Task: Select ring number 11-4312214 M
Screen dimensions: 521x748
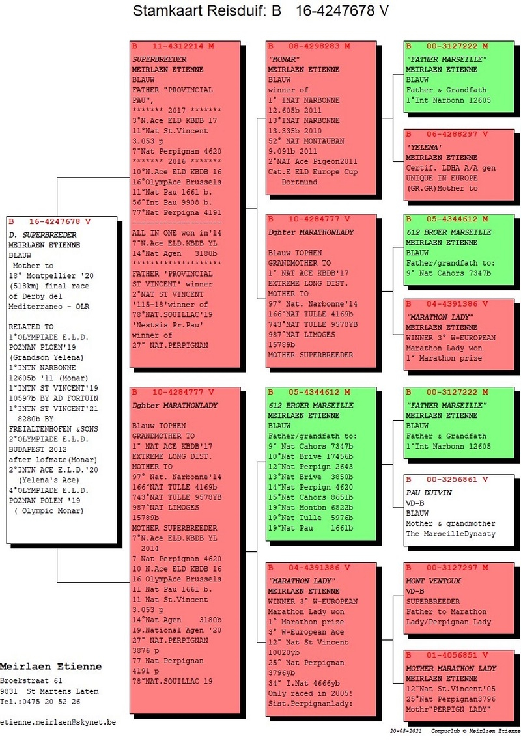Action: click(183, 46)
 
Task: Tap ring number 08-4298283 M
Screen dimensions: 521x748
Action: click(319, 46)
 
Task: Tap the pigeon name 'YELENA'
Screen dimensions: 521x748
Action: click(424, 147)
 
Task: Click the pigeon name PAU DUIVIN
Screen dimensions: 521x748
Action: click(429, 493)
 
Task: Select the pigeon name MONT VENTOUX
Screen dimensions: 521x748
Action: click(433, 581)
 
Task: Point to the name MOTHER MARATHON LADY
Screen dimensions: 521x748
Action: click(451, 669)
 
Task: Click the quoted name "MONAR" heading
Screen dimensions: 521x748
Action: click(284, 60)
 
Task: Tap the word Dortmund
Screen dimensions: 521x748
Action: click(299, 182)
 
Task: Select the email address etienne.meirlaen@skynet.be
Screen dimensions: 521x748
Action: click(58, 722)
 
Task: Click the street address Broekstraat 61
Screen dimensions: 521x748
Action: click(31, 681)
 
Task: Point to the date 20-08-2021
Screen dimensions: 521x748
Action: click(406, 731)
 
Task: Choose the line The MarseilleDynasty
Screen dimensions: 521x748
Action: click(451, 534)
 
